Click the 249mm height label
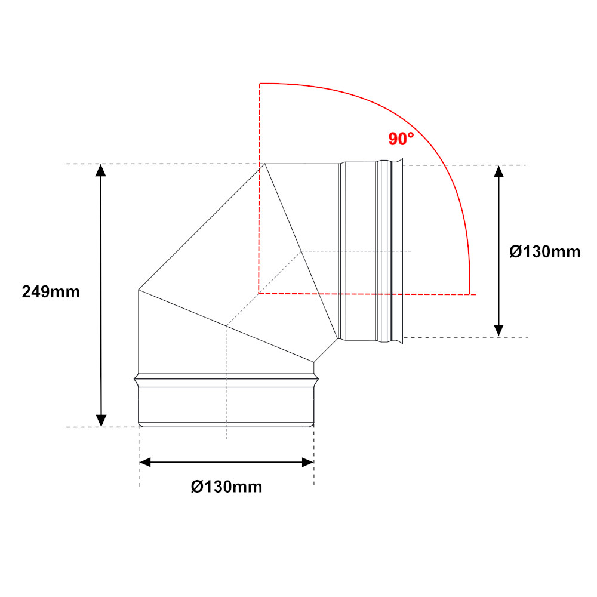click(51, 292)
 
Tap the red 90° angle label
click(401, 139)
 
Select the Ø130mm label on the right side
click(545, 252)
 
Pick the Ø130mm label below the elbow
click(226, 487)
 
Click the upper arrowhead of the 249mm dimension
click(100, 170)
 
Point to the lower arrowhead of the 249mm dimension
click(101, 421)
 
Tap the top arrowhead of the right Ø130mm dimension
click(498, 171)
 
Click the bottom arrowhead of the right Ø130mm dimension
click(498, 331)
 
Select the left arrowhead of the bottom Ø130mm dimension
click(146, 463)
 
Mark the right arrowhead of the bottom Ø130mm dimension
click(307, 463)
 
